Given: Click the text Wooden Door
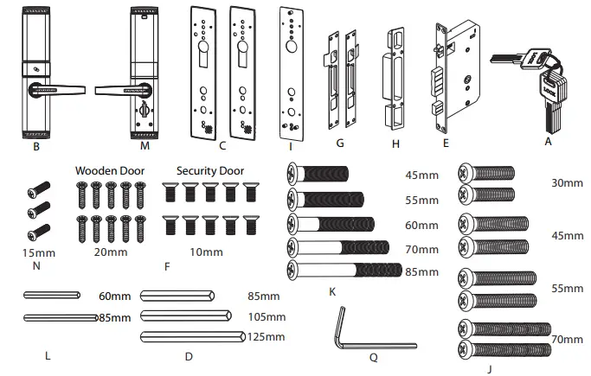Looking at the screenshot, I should [108, 170].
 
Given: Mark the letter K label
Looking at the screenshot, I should [333, 291].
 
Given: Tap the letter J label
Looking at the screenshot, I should [490, 368].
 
